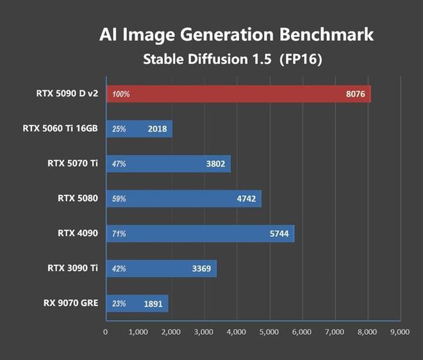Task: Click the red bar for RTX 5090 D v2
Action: (237, 94)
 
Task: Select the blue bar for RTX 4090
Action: (199, 234)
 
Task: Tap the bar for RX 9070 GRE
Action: (137, 304)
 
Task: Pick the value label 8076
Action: (355, 94)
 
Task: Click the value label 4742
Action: (246, 199)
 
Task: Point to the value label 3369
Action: (201, 269)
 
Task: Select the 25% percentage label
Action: (119, 129)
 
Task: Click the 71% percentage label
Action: (119, 234)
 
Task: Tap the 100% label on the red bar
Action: (120, 94)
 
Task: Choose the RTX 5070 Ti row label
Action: (72, 163)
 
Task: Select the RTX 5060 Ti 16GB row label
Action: (60, 129)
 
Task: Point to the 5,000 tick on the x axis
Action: (269, 332)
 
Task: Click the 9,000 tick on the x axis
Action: (400, 332)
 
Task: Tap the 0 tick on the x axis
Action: (106, 332)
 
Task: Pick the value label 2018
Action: (157, 129)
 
